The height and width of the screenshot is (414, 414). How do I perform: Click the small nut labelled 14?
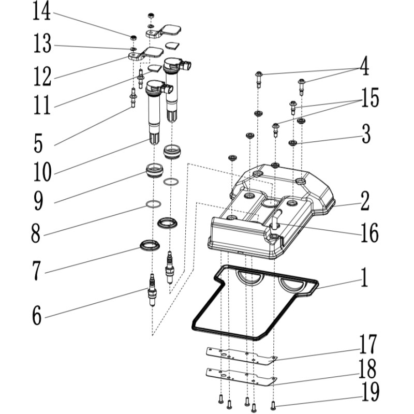[x=133, y=37]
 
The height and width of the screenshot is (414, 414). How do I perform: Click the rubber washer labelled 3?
[x=292, y=142]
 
